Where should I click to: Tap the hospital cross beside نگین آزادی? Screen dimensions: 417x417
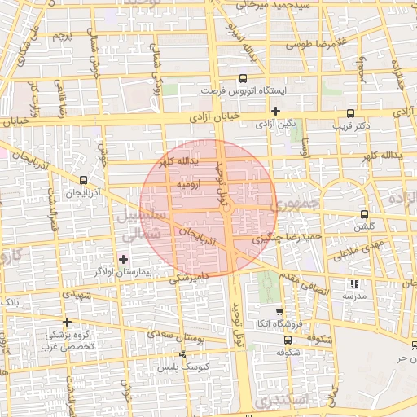276,111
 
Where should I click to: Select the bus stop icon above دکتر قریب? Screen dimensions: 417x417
350,113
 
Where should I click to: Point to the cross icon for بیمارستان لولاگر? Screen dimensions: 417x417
123,260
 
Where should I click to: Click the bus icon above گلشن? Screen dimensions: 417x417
363,215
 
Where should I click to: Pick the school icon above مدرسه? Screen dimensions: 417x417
353,283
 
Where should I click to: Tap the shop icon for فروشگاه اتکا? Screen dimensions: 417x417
279,311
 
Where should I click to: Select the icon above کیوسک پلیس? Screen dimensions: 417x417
182,355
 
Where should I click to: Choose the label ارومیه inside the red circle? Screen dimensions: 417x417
183,186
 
